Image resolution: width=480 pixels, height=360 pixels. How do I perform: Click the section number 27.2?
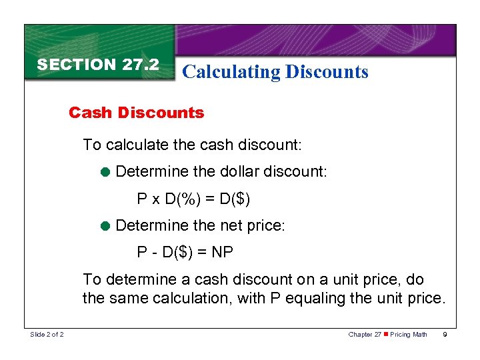pyautogui.click(x=141, y=65)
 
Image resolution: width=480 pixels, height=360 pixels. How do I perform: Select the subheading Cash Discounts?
pyautogui.click(x=136, y=113)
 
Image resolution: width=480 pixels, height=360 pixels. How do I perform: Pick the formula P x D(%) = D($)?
pyautogui.click(x=193, y=199)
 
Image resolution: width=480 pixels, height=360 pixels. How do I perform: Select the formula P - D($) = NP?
pyautogui.click(x=185, y=253)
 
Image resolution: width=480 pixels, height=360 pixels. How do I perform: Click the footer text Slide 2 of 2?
pyautogui.click(x=47, y=334)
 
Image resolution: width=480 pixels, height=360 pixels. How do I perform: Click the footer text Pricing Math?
pyautogui.click(x=408, y=334)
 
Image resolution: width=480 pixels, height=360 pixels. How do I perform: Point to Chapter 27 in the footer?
pyautogui.click(x=364, y=334)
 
